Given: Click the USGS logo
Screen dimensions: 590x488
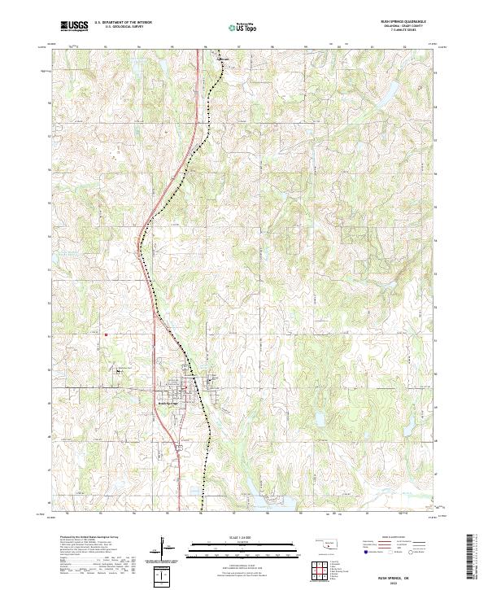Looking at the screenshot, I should [74, 26].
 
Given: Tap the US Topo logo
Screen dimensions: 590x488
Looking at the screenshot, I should [243, 28].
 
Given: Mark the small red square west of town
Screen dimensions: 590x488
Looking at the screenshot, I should [107, 333].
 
